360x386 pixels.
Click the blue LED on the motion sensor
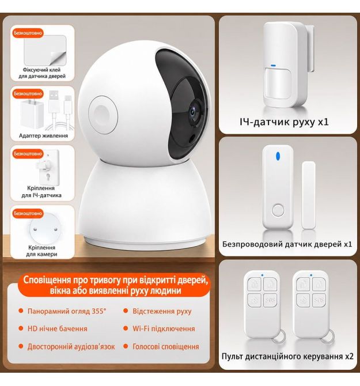coord(273,66)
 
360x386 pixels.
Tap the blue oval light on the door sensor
coord(278,156)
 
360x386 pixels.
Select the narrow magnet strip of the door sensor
coord(308,195)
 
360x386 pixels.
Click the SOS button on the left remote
coord(270,300)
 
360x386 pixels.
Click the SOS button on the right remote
coord(319,300)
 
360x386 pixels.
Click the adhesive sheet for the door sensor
coord(46,50)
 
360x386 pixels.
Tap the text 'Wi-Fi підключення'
coord(164,328)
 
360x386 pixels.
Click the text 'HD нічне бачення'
coord(58,328)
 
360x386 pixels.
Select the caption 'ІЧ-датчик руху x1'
coord(284,122)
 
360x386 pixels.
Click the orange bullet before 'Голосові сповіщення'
coord(126,346)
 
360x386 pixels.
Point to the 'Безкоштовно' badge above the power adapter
coord(28,93)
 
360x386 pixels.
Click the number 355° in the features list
coord(99,311)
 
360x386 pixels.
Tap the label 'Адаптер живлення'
coord(43,135)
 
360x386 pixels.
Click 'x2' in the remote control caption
coord(348,356)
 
